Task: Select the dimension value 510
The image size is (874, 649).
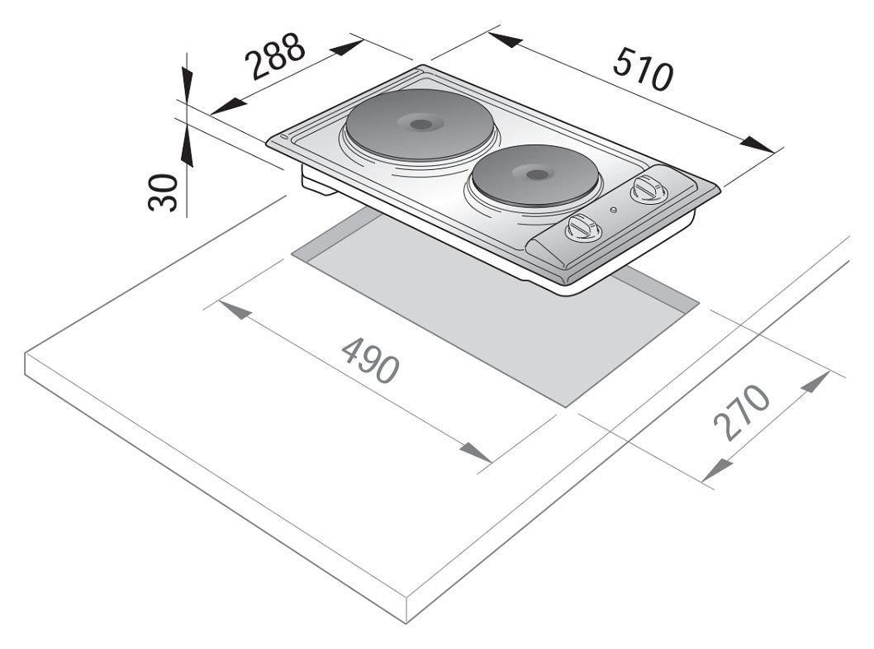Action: point(644,69)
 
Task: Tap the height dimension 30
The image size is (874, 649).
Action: point(163,192)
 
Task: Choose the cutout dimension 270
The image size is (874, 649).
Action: point(741,412)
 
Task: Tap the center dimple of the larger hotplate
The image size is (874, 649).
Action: point(421,124)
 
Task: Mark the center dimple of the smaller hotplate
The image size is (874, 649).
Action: point(537,174)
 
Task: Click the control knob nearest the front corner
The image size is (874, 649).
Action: point(583,227)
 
